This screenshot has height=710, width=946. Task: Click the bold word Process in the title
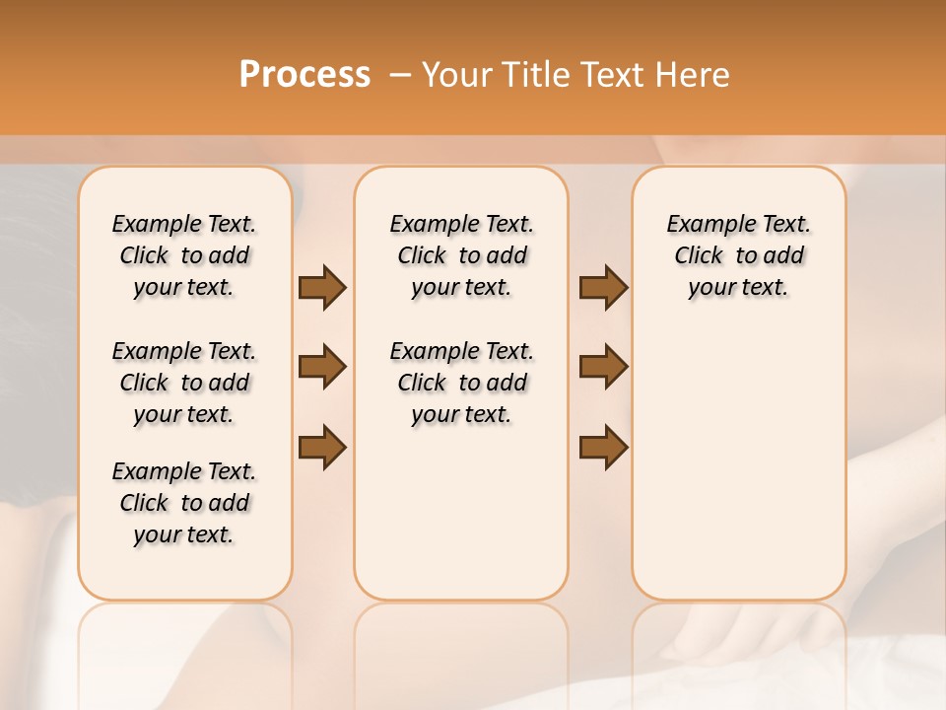(304, 75)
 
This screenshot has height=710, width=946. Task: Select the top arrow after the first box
(322, 288)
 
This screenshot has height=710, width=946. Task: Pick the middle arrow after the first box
(322, 367)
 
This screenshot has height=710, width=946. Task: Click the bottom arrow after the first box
(322, 446)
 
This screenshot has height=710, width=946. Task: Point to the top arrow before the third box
(603, 288)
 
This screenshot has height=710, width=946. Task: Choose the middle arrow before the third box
(603, 367)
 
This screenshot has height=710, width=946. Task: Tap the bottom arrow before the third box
(603, 446)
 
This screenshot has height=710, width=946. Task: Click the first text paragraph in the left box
(184, 255)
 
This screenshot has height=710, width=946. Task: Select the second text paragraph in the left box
(184, 383)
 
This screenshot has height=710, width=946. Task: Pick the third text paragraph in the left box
(184, 503)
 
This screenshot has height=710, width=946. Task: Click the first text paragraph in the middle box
(461, 255)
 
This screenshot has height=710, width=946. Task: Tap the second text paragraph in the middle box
(461, 383)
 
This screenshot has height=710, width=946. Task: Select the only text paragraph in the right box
(738, 255)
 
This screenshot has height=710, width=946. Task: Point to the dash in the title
(400, 75)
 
